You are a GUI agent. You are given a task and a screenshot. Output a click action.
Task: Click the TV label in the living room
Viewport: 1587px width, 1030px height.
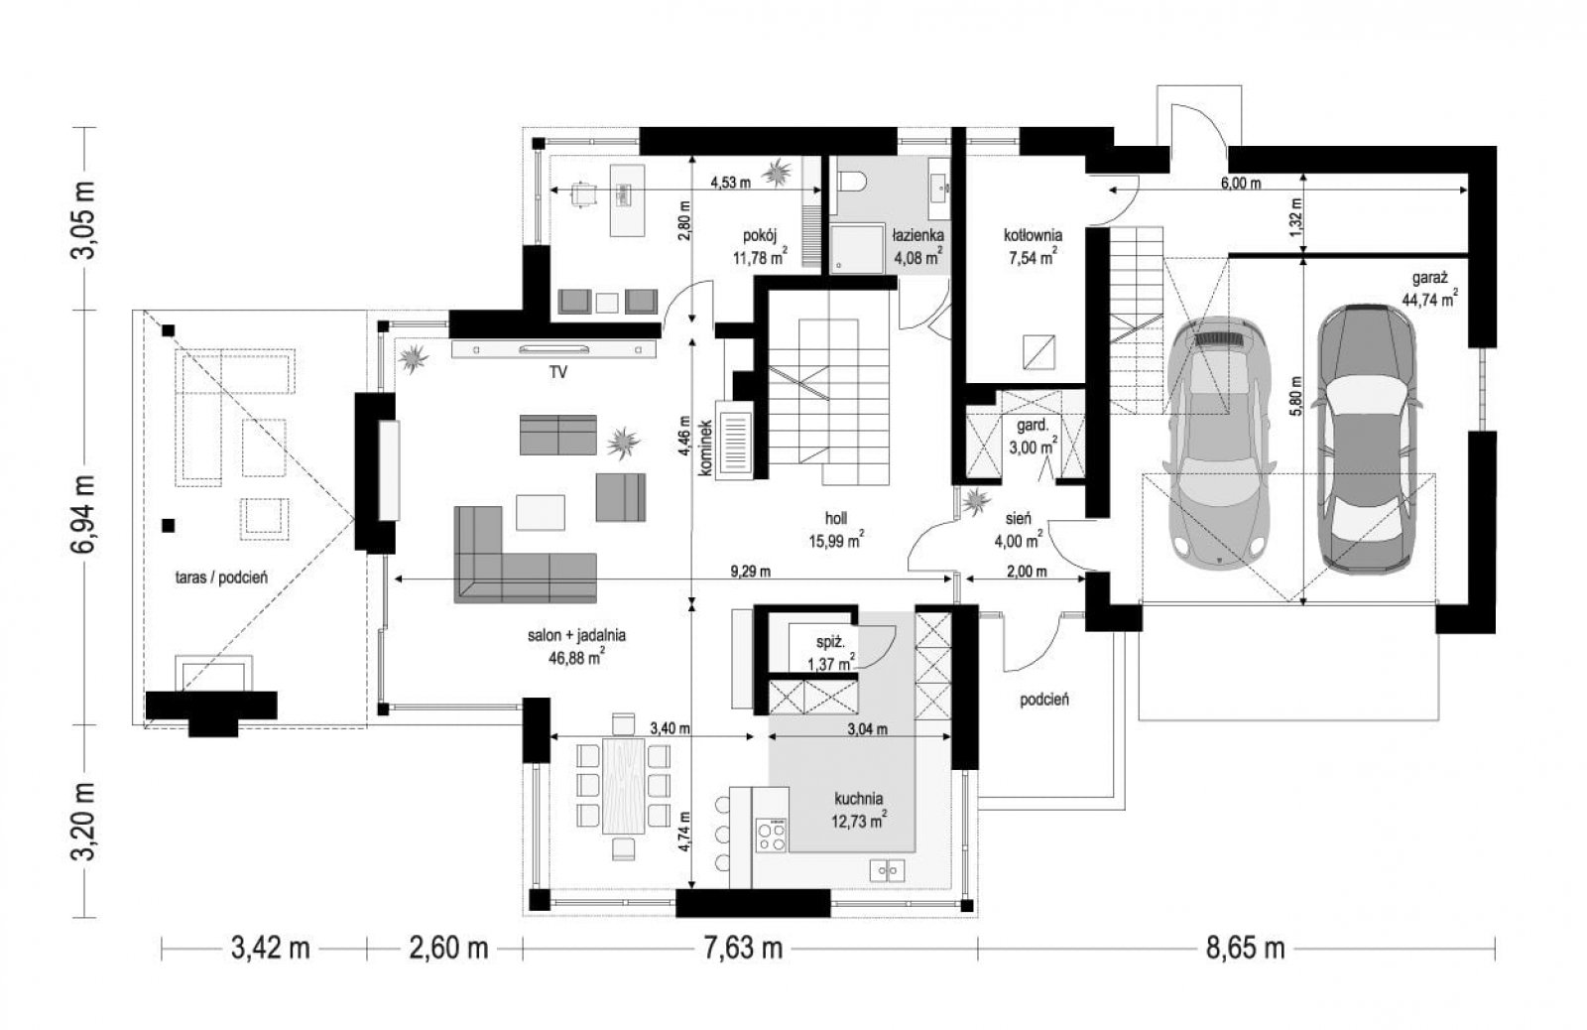pos(558,371)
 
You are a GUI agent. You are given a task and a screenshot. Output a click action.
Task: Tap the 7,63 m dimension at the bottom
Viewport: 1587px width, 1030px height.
pos(743,948)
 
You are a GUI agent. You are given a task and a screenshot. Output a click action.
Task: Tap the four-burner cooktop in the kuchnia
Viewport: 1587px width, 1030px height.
pos(771,835)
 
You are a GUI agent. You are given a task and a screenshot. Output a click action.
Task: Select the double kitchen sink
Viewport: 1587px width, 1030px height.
pos(887,870)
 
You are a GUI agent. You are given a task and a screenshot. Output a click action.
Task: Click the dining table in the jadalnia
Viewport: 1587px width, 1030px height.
pos(624,786)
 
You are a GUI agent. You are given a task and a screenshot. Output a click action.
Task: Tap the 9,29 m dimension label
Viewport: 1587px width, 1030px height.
pos(751,572)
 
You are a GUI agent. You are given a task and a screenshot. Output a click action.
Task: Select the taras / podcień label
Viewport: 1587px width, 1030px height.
pos(221,578)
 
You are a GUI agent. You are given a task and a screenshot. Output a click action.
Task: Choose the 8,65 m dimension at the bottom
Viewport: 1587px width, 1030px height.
pos(1245,948)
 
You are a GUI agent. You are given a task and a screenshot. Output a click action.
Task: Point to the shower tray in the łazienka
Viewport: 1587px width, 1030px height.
pos(858,248)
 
